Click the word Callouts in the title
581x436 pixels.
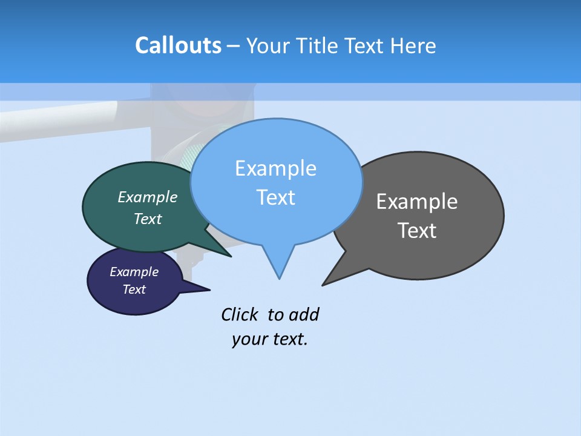coord(178,45)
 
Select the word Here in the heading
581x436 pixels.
coord(413,46)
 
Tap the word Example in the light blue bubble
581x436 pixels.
coord(275,168)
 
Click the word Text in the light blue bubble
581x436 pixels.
coord(275,197)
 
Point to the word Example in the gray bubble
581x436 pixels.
coord(417,202)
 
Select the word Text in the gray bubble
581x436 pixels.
coord(417,231)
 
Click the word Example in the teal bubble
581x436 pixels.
coord(148,197)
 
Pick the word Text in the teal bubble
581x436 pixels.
coord(148,219)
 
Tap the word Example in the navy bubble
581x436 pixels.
coord(134,272)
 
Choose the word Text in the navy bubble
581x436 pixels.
coord(134,289)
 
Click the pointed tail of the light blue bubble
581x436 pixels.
coord(279,272)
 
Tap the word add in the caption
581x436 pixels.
coord(304,314)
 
